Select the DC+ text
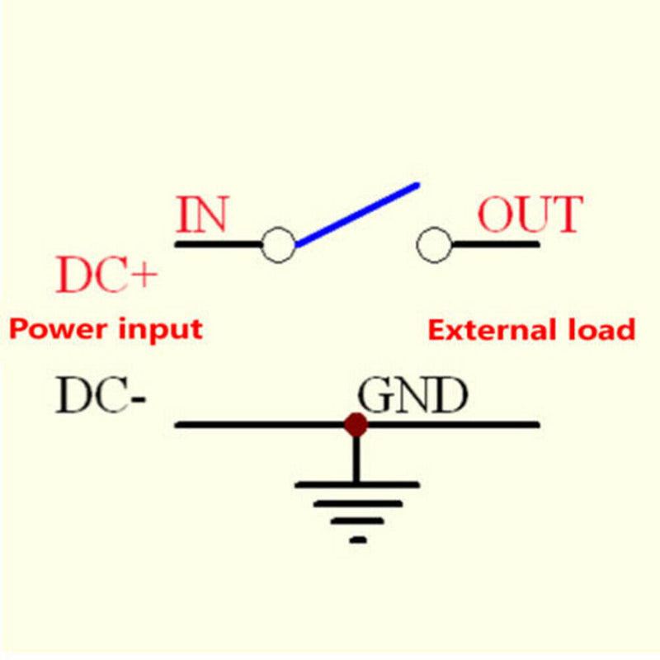(106, 276)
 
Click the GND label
(412, 397)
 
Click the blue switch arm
(357, 214)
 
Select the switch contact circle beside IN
(278, 245)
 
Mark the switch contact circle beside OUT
(434, 245)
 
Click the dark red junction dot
(356, 425)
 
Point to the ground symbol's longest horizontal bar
(356, 485)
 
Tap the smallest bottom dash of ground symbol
(357, 540)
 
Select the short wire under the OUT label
(495, 244)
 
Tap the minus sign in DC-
(138, 399)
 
